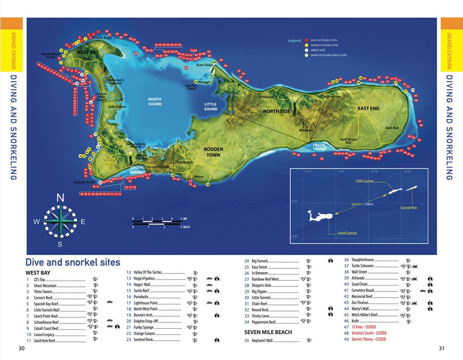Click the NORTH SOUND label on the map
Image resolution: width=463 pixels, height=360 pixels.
click(x=155, y=101)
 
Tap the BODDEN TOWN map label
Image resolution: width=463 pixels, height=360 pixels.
click(x=213, y=152)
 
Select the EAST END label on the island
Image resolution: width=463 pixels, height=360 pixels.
click(x=368, y=109)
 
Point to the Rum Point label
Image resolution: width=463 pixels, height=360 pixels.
click(x=204, y=65)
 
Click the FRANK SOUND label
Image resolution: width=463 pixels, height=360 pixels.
click(x=319, y=147)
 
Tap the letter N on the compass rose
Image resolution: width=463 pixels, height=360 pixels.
click(x=60, y=198)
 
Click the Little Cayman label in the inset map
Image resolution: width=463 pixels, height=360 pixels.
click(x=364, y=181)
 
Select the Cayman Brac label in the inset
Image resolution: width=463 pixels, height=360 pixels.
click(x=409, y=208)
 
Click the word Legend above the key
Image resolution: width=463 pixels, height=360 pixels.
click(x=294, y=41)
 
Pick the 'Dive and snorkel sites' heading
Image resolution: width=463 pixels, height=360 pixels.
click(x=73, y=262)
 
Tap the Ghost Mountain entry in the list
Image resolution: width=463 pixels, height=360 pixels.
click(x=45, y=286)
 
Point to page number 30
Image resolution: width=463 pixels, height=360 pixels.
click(x=21, y=348)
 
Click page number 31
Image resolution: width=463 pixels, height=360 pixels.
click(x=442, y=348)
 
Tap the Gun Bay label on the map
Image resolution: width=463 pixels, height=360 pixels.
click(x=392, y=128)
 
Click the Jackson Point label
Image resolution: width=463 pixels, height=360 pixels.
click(x=84, y=182)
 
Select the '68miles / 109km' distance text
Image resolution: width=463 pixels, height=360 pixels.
click(x=363, y=204)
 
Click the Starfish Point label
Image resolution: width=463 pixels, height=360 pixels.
click(x=191, y=87)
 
